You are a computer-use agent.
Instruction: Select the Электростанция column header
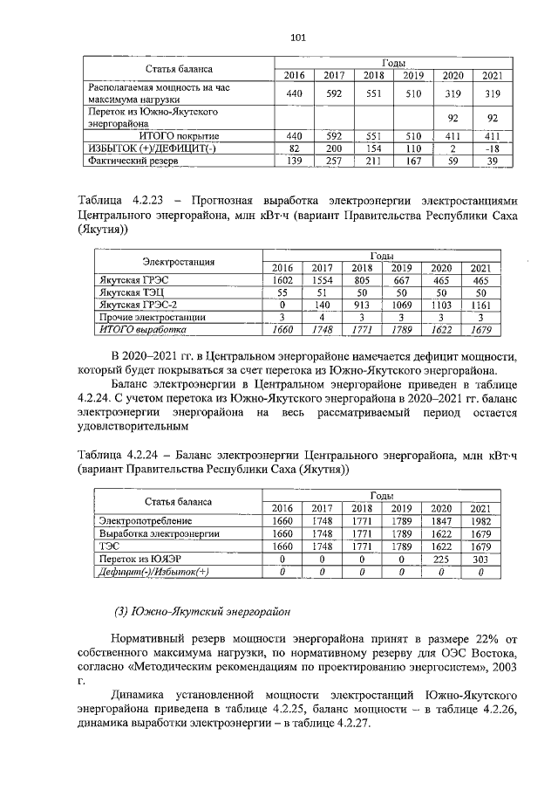(179, 261)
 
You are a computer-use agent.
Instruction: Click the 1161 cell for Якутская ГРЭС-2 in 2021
(480, 306)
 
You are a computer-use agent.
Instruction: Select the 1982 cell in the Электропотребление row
(480, 521)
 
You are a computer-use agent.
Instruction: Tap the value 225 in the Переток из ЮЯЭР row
(441, 558)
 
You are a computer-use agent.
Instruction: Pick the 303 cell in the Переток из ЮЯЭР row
(480, 558)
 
